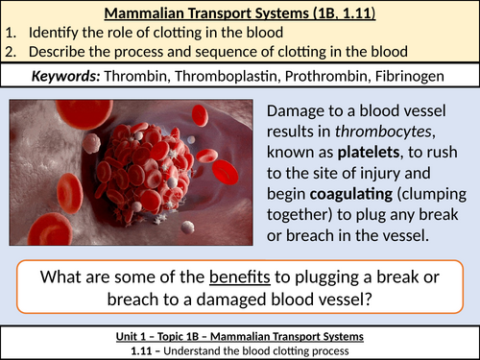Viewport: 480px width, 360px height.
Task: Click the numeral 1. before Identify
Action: point(8,33)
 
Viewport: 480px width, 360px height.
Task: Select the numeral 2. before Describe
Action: point(8,51)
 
